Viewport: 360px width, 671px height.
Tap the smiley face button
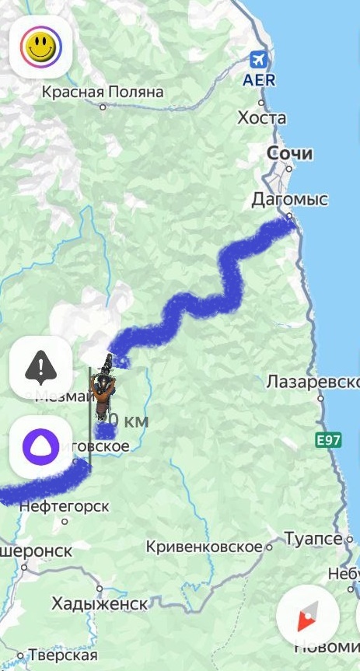(x=41, y=47)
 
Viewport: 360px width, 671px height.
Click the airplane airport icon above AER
(x=259, y=60)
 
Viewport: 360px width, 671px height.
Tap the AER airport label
(x=258, y=79)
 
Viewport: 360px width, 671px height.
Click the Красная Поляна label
(x=103, y=93)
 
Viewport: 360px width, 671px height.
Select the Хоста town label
(x=261, y=118)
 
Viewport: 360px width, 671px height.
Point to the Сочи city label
(x=289, y=153)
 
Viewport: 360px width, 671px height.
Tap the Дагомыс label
(x=289, y=200)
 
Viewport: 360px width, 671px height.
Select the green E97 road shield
(x=328, y=440)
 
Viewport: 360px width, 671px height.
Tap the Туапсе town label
(x=313, y=539)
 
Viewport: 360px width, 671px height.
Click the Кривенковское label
(x=204, y=547)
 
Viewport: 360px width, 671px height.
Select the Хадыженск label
(x=100, y=603)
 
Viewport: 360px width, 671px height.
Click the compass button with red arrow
(x=307, y=617)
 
